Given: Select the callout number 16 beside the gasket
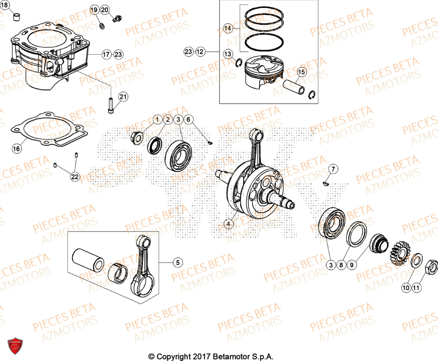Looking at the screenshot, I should [16, 149].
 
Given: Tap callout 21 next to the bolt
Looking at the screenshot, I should [123, 97].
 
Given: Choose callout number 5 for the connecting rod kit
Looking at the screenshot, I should [177, 263].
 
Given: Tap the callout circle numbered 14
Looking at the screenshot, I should [227, 29].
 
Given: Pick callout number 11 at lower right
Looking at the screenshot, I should [416, 287].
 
